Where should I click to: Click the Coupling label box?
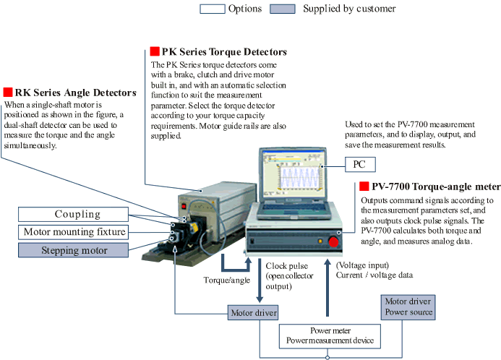click(x=73, y=215)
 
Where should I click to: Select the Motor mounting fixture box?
click(x=73, y=232)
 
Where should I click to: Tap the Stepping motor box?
click(x=73, y=250)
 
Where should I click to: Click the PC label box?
click(x=360, y=165)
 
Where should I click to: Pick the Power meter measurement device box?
click(x=330, y=336)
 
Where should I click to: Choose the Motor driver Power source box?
click(x=408, y=307)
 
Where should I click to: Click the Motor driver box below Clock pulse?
click(x=253, y=313)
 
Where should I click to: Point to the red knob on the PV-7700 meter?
click(x=333, y=242)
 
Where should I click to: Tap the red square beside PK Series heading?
click(x=155, y=51)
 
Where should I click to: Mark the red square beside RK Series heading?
click(x=8, y=92)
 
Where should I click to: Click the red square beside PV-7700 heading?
click(x=364, y=186)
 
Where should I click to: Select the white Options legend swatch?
click(x=213, y=9)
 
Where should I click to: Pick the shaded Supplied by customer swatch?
click(x=283, y=9)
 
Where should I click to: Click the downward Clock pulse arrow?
click(x=260, y=280)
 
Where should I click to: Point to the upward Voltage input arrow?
click(x=327, y=288)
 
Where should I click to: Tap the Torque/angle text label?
click(x=227, y=280)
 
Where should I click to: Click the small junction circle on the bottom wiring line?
click(x=327, y=358)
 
